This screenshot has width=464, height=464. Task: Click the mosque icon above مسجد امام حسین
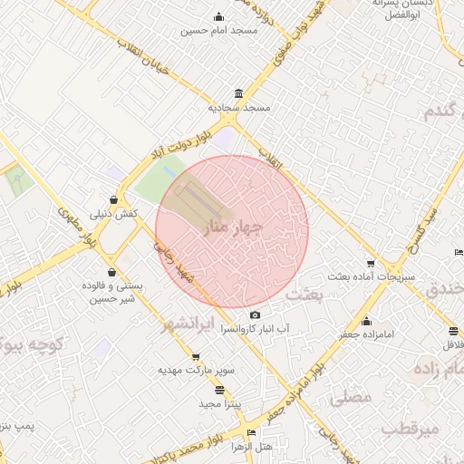click(x=218, y=16)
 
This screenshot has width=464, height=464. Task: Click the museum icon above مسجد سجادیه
click(x=237, y=94)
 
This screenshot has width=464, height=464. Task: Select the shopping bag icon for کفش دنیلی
click(x=112, y=199)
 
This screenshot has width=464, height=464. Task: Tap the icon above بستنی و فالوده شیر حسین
click(x=111, y=271)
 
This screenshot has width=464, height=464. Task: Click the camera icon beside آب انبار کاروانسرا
click(x=255, y=315)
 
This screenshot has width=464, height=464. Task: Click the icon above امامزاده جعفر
click(x=366, y=321)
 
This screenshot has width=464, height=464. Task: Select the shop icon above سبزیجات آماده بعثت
click(x=370, y=264)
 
